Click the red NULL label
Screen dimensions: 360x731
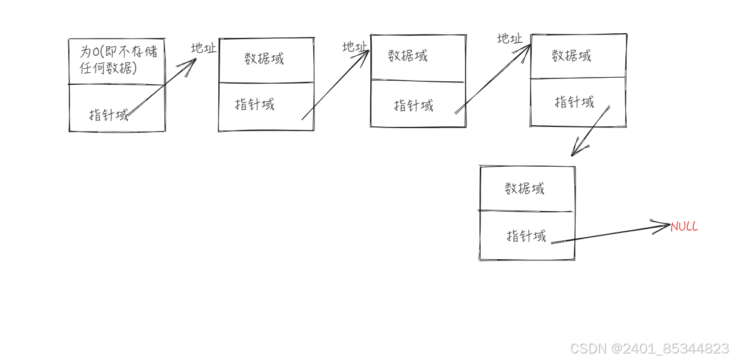tap(684, 227)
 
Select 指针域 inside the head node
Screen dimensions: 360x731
tap(109, 114)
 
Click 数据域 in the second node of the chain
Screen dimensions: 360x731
tap(264, 59)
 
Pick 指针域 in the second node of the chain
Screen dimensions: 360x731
tap(255, 105)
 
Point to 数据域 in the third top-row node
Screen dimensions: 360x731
tap(408, 56)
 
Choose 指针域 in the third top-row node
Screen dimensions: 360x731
tap(414, 106)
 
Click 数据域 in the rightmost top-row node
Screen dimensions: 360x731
tap(571, 56)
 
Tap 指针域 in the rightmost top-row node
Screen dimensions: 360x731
tap(574, 102)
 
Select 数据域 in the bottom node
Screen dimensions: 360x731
tap(525, 189)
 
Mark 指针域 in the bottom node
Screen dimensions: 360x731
tap(526, 235)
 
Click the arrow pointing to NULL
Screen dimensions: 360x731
tap(611, 234)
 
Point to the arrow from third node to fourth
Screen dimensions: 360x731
tap(492, 80)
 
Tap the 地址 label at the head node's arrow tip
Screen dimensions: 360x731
tap(204, 48)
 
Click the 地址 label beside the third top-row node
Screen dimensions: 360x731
tap(355, 46)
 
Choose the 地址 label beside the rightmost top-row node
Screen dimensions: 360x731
tap(510, 39)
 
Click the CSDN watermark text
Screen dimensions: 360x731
tap(649, 348)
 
